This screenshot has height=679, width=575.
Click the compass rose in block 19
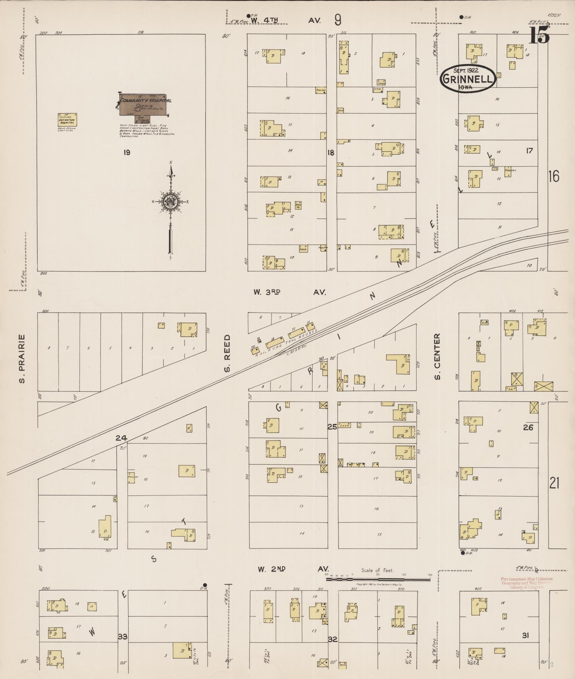click(x=171, y=201)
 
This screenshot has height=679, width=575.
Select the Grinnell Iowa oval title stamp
click(x=468, y=78)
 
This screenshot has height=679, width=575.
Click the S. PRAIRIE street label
click(x=22, y=358)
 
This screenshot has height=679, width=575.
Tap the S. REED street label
click(x=228, y=353)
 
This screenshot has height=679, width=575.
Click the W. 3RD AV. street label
click(x=289, y=292)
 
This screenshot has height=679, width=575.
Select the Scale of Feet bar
click(x=378, y=580)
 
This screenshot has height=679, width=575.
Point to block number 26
click(x=528, y=427)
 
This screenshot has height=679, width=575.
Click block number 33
click(x=123, y=637)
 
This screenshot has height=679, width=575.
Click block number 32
click(x=333, y=639)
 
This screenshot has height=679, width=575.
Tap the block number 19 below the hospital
click(x=127, y=152)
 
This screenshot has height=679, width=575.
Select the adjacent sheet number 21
click(x=554, y=483)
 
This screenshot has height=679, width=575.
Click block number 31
click(x=526, y=635)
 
